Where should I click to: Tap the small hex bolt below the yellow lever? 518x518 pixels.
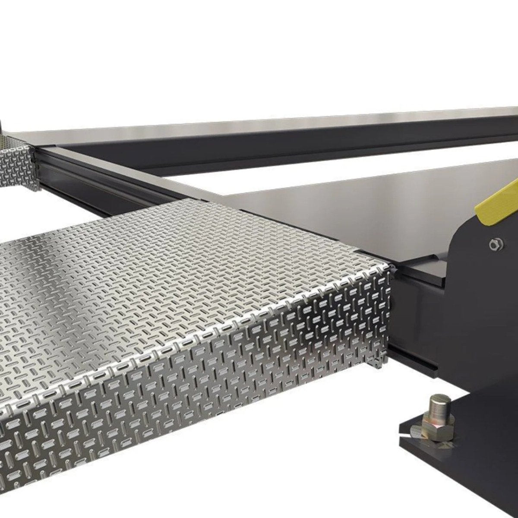[493, 244]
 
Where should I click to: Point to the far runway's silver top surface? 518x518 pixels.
[302, 125]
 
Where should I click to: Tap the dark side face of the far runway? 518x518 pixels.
[259, 151]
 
